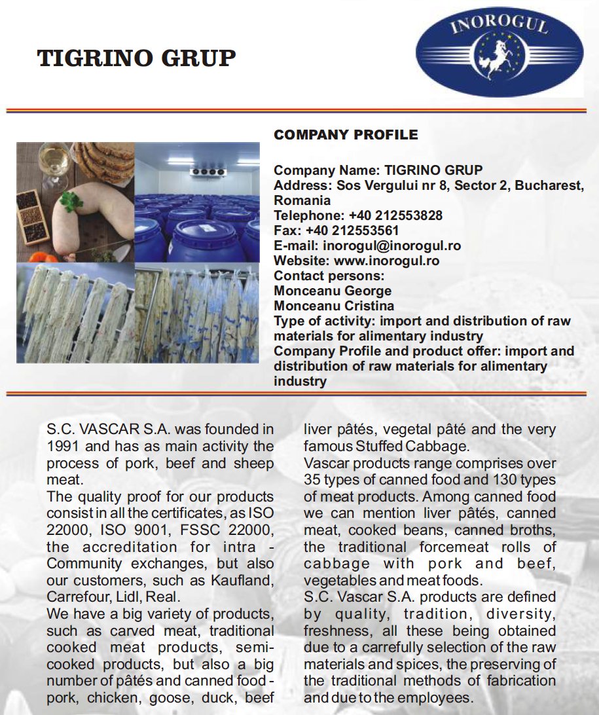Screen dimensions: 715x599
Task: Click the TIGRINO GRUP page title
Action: click(x=136, y=58)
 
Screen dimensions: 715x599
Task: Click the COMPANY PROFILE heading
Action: click(x=346, y=136)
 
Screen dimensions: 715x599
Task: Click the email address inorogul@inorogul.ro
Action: click(x=391, y=246)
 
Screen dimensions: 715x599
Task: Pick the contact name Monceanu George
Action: click(x=333, y=291)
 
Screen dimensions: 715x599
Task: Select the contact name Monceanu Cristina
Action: click(x=334, y=306)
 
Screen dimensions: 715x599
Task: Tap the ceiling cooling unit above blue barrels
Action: click(x=207, y=172)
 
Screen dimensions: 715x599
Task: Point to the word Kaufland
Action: click(x=245, y=580)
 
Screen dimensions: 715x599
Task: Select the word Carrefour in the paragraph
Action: click(x=73, y=597)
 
